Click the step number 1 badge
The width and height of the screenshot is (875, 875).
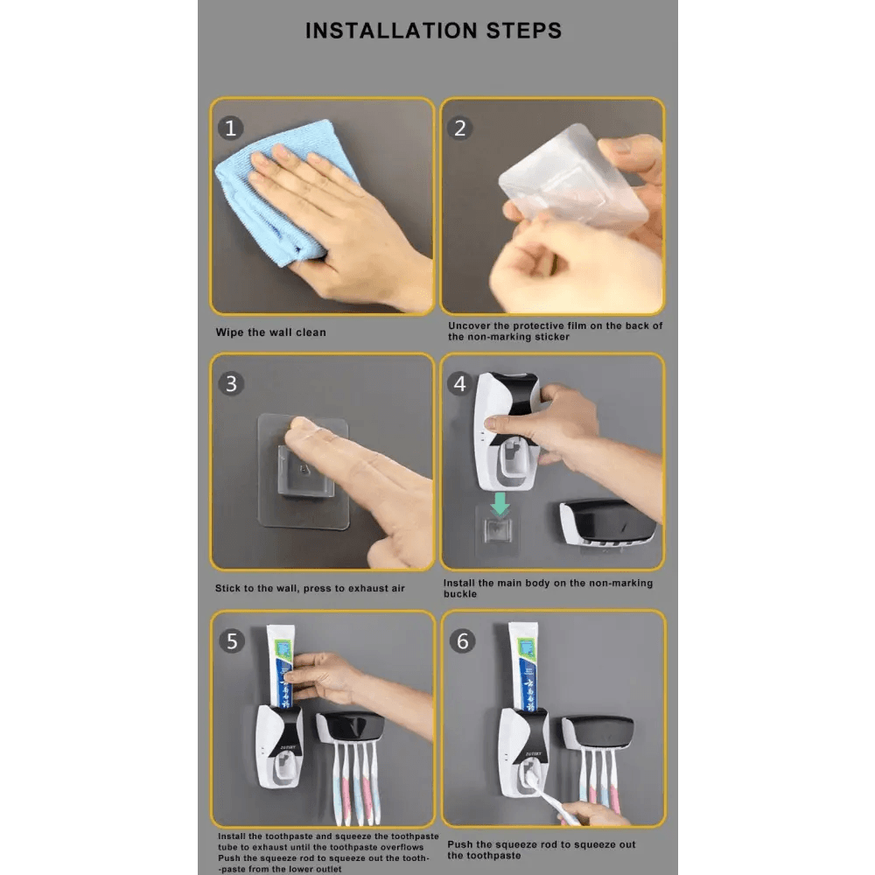coord(230,128)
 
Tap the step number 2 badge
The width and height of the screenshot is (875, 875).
coord(460,128)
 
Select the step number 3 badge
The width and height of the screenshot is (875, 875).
coord(231,384)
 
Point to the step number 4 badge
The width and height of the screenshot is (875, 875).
coord(460,384)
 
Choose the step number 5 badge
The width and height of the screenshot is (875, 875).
coord(232,641)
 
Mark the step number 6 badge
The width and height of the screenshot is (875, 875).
coord(463,641)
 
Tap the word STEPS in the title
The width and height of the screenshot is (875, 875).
coord(524,31)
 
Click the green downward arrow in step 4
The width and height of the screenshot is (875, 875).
coord(500,504)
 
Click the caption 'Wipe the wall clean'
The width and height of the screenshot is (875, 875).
coord(270,332)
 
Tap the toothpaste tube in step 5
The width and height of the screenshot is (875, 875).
coord(281,666)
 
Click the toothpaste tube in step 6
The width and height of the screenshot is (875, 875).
coord(523,666)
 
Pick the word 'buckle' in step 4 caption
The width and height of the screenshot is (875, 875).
coord(460,594)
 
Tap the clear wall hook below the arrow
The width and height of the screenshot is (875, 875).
coord(498,530)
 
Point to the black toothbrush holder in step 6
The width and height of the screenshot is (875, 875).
coord(598,732)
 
